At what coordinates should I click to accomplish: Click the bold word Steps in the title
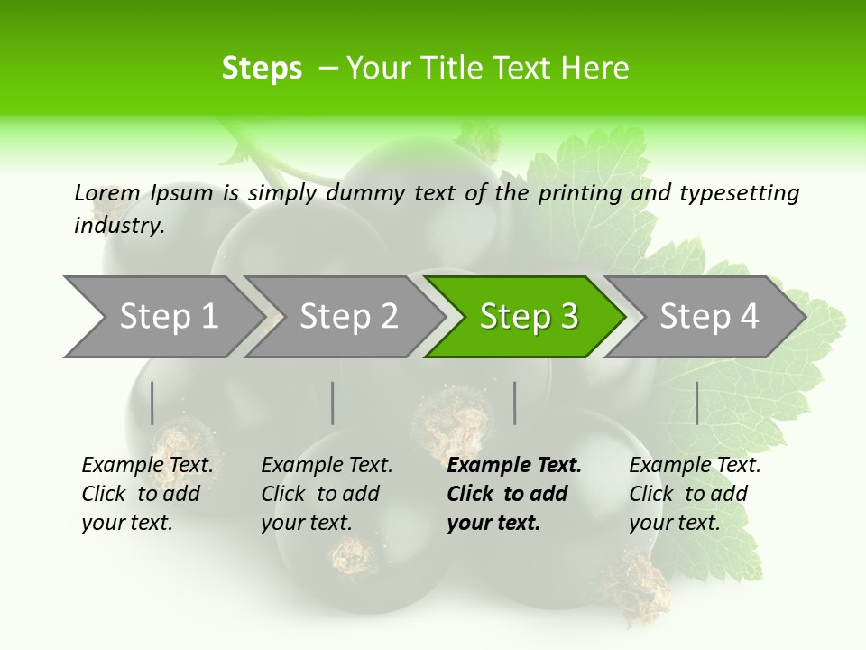(262, 69)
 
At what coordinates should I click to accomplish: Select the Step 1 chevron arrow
(162, 317)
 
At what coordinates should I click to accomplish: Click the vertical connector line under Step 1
(152, 403)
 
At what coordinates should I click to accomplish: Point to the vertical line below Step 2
(333, 403)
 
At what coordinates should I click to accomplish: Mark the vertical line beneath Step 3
(514, 403)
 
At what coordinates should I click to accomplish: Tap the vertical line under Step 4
(696, 403)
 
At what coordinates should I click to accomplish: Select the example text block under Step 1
(146, 494)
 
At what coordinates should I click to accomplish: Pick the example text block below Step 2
(326, 494)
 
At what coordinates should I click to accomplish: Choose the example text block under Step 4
(694, 494)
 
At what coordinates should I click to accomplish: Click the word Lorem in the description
(107, 192)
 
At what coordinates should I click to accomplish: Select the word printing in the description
(582, 193)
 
